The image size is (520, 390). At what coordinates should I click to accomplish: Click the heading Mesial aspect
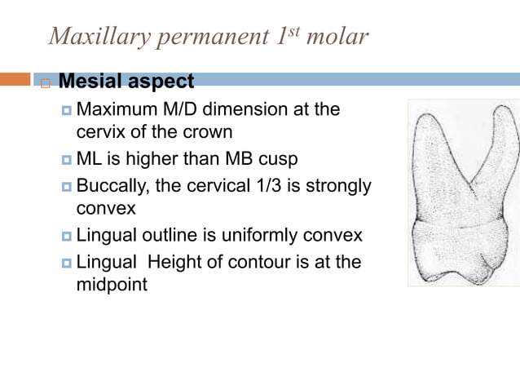(126, 82)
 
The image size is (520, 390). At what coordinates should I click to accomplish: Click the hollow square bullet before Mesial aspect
(45, 83)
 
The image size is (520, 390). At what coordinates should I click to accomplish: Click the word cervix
(102, 132)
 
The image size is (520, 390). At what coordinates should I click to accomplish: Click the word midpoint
(112, 286)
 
